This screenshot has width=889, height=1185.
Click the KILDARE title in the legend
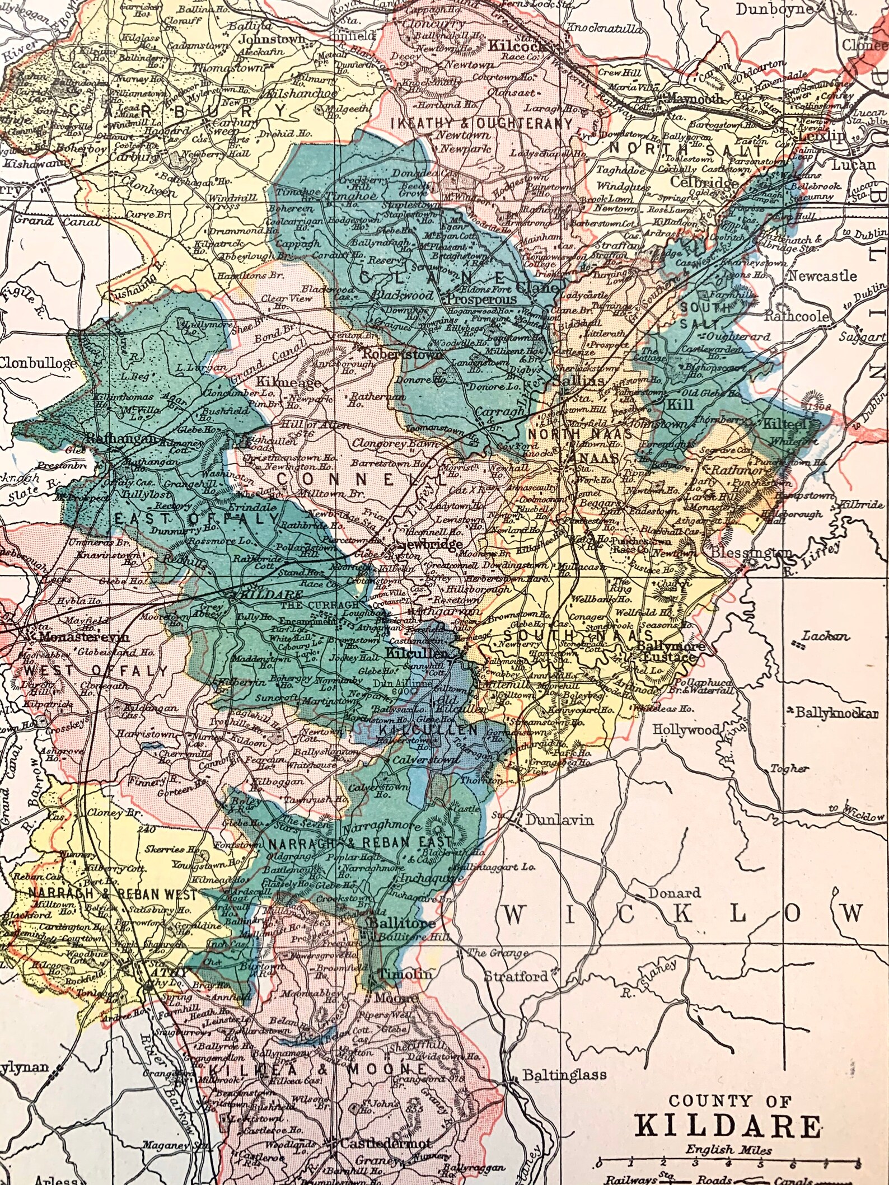728,1109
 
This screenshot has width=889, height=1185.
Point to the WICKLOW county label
680,914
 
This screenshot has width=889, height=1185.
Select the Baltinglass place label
564,1075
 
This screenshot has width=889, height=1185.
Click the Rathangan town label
121,439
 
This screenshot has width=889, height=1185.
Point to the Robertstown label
403,354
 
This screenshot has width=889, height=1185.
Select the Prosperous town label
481,299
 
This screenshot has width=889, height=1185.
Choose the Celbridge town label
703,182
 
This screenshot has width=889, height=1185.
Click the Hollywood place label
686,730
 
